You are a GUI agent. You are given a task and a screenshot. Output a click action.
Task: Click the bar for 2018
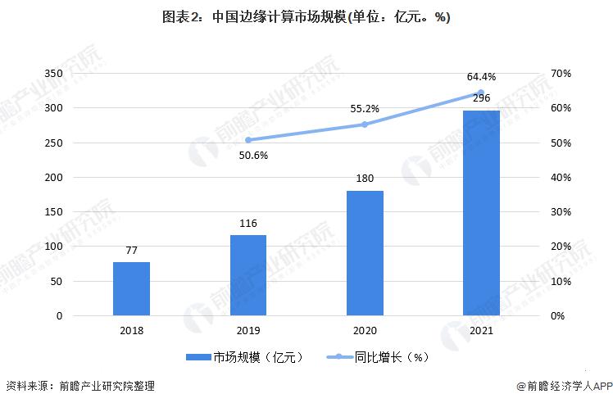(x=131, y=288)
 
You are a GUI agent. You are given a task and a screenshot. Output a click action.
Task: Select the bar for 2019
(x=247, y=275)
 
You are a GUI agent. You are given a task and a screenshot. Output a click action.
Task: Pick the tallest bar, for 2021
(x=481, y=213)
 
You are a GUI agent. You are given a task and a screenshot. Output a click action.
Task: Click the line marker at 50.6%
(x=247, y=140)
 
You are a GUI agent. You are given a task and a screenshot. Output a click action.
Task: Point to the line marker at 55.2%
(x=364, y=125)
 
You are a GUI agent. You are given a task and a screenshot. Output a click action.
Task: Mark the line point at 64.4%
(x=481, y=93)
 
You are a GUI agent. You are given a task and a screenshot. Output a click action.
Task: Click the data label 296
(x=481, y=99)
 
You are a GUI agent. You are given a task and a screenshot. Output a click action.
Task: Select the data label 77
(x=131, y=251)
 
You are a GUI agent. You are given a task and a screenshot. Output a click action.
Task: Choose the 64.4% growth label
(x=481, y=77)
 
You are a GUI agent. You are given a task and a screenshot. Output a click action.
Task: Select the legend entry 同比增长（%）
(x=390, y=358)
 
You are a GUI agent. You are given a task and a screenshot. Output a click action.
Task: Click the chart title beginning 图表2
(x=306, y=16)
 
